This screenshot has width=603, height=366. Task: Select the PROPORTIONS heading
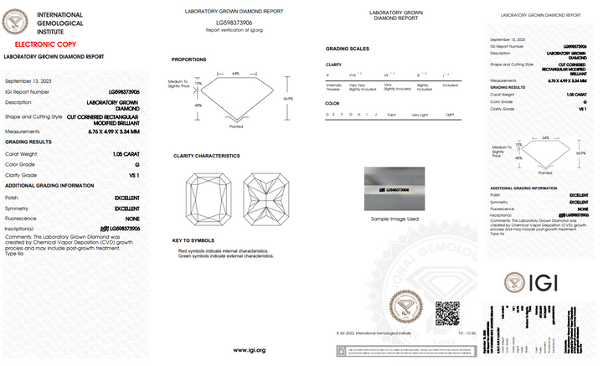pos(189,60)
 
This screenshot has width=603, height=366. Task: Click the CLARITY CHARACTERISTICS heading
pos(207,156)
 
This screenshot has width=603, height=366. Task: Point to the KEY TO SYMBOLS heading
pos(194,241)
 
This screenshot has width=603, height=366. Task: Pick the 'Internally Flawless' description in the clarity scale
pos(333,85)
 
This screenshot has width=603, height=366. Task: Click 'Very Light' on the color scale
pos(421,115)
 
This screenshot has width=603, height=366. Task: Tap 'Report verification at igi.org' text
pos(234,30)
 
